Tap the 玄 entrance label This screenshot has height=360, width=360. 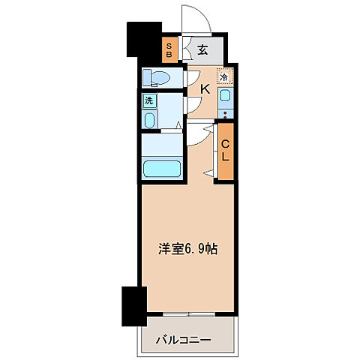pos(203,50)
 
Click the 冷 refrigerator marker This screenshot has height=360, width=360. pos(223,76)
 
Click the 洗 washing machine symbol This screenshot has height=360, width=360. pos(149,100)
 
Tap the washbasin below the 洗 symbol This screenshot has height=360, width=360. pos(149,121)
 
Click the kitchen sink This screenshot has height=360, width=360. pos(224,96)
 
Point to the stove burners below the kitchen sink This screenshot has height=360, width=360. pos(224,115)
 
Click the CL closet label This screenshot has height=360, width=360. pos(225,151)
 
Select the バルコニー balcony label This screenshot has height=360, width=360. pos(183,340)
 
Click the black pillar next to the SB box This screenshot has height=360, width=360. pos(145,42)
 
